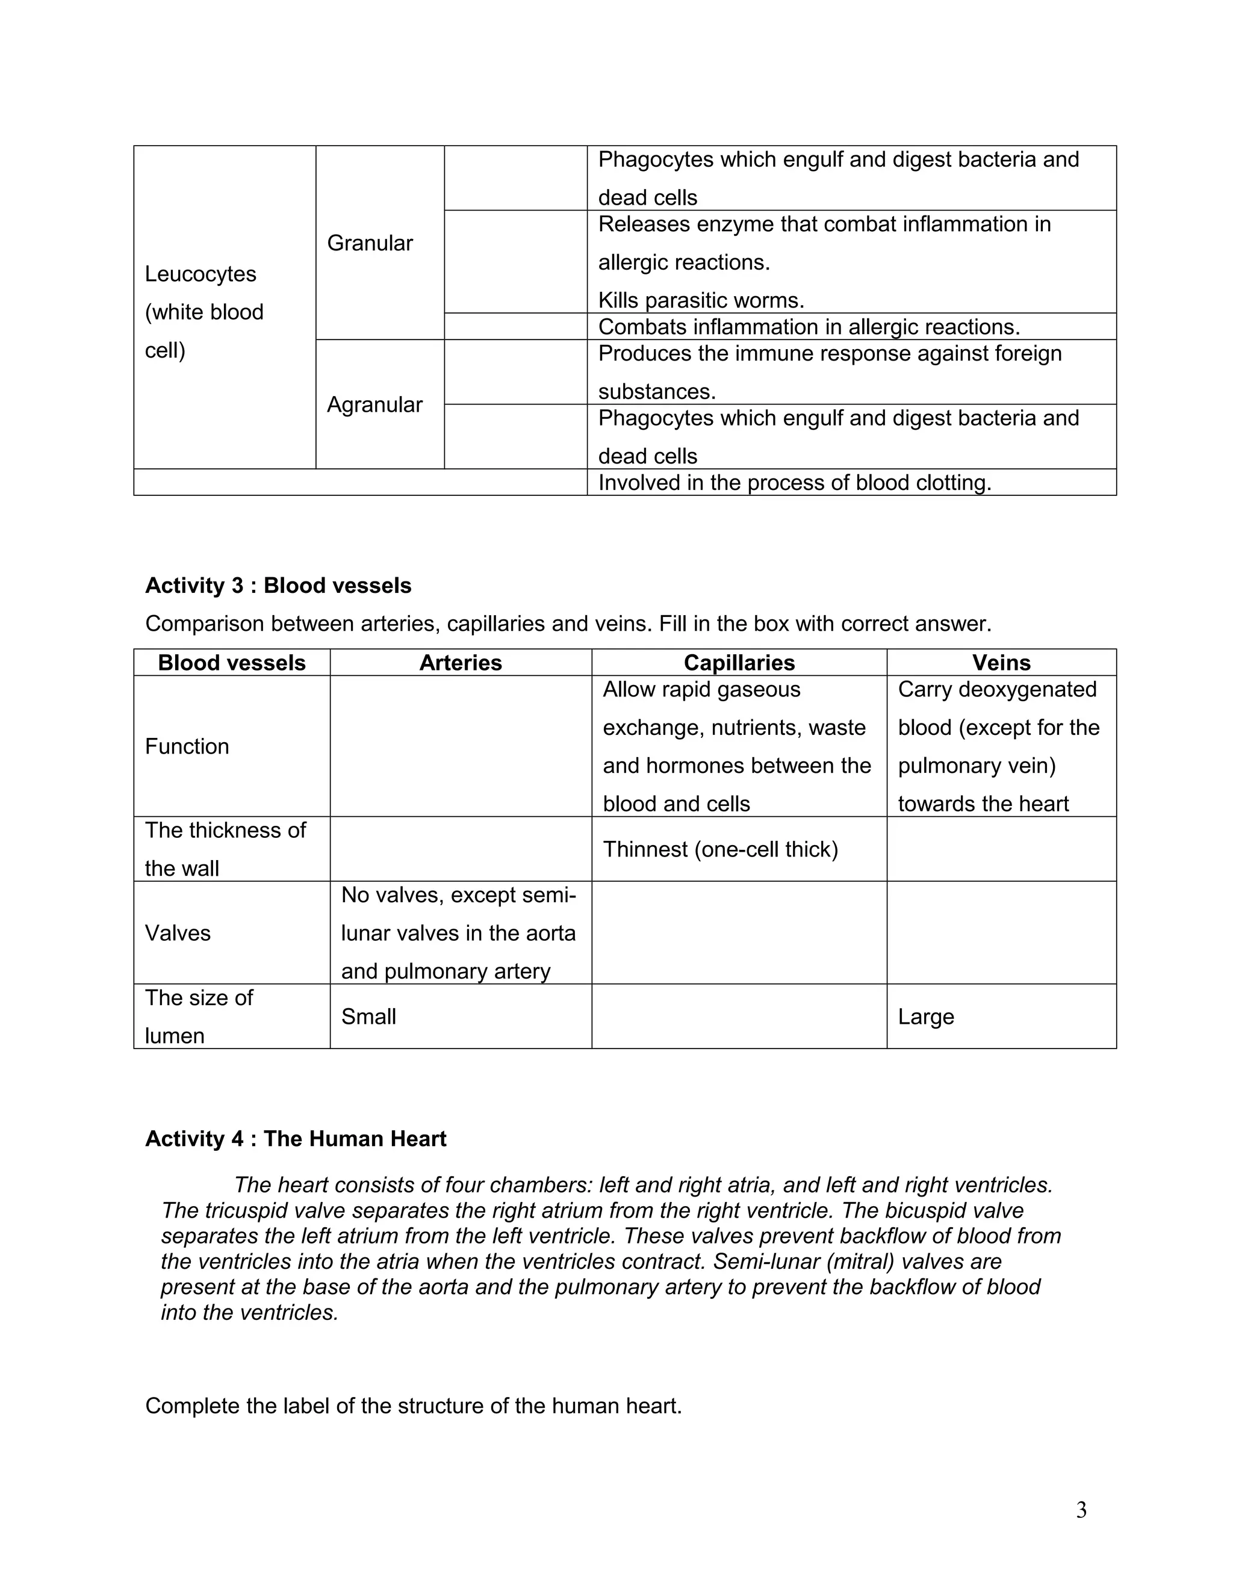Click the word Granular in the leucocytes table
(370, 243)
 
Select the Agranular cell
(374, 404)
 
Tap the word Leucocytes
(200, 274)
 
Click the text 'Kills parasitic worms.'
(701, 300)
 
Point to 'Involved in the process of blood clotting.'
(794, 483)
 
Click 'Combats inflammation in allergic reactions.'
(809, 326)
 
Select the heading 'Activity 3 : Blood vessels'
(278, 586)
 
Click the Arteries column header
(460, 663)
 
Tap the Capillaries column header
(739, 663)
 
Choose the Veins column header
(1001, 663)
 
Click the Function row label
(187, 746)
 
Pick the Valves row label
(178, 934)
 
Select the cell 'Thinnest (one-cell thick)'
(720, 849)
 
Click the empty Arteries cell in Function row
(460, 746)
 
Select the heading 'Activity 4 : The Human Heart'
(295, 1139)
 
